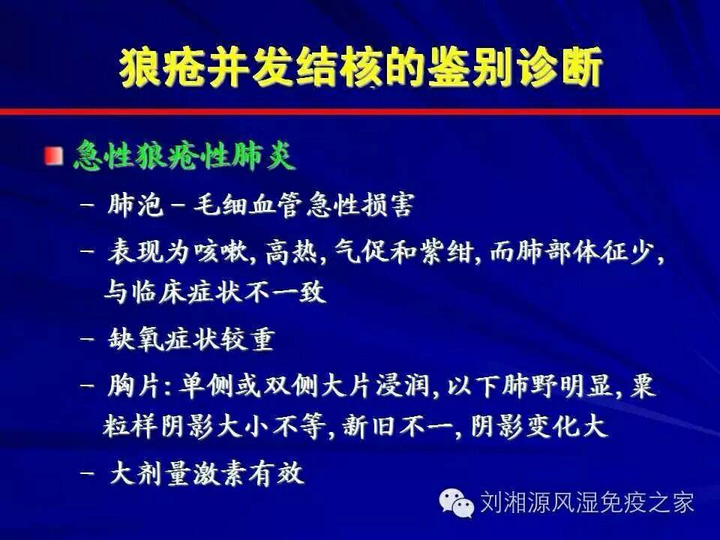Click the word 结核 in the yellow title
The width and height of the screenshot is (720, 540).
(x=340, y=67)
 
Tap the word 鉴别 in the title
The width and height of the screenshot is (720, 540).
(x=471, y=67)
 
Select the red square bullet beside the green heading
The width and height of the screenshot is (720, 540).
(x=54, y=156)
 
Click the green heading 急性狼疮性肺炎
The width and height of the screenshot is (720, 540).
(x=184, y=156)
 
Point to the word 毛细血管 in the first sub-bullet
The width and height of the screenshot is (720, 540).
(x=248, y=205)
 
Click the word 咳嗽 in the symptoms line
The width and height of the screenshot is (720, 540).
(x=220, y=252)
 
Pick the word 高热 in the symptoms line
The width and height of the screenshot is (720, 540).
(x=292, y=252)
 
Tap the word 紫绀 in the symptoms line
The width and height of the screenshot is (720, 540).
(x=447, y=252)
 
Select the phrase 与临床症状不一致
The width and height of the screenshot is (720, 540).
(x=215, y=292)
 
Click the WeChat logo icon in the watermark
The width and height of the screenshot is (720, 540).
(x=456, y=502)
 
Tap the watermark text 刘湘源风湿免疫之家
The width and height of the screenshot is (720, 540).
(x=586, y=502)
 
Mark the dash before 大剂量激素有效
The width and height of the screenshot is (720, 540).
(x=87, y=473)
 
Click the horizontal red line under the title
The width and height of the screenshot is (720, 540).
(x=360, y=112)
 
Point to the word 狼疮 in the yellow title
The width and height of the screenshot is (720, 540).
(x=163, y=67)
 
